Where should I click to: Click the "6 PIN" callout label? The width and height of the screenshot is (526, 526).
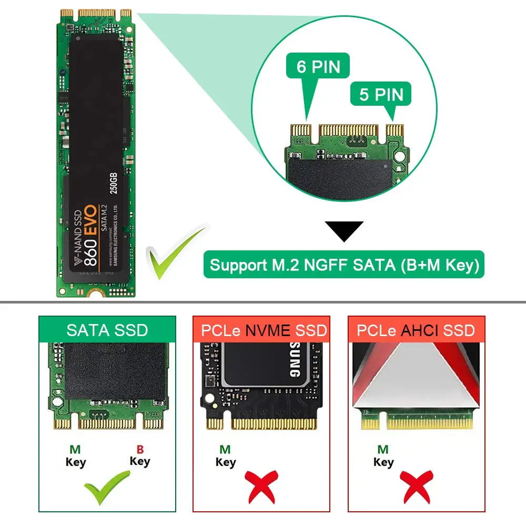318,67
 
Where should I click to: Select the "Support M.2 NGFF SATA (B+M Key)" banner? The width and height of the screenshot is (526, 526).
345,265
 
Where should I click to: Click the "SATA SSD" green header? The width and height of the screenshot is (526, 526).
107,330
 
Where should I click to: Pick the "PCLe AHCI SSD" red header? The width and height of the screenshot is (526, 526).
416,330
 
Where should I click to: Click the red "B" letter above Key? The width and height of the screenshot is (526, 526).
140,450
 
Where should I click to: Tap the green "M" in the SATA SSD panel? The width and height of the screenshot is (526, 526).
75,450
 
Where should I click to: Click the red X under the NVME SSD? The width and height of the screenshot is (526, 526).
260,487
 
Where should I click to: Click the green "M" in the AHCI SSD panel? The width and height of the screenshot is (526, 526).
383,450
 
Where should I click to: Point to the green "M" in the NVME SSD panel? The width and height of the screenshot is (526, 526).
225,450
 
